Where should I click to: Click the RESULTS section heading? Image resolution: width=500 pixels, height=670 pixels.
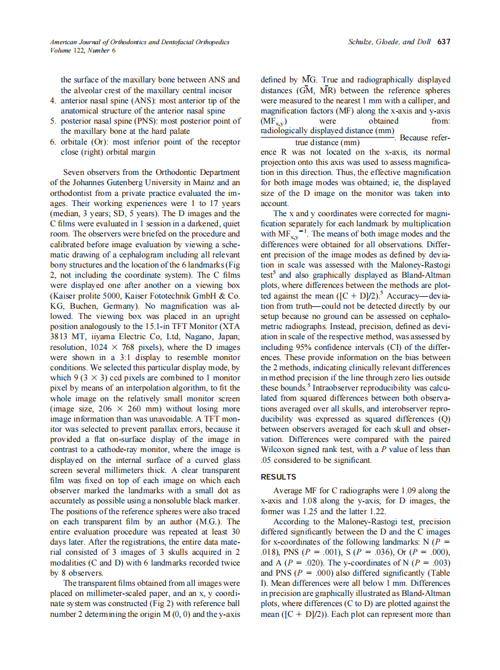coord(279,477)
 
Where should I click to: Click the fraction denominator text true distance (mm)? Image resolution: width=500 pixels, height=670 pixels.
coord(328,143)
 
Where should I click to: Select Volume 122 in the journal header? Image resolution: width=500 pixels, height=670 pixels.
coord(64,50)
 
